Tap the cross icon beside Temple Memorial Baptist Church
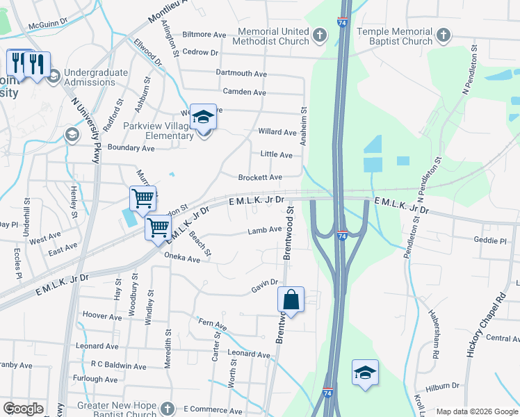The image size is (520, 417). [443, 35]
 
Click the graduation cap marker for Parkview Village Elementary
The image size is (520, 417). [203, 117]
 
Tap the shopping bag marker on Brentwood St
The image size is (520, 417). [291, 300]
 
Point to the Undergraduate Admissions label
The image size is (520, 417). [96, 77]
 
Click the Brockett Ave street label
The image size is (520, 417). [260, 178]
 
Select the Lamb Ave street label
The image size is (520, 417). [265, 229]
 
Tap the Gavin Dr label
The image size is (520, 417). [264, 291]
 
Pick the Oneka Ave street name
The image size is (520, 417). [183, 259]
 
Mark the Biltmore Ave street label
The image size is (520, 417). [204, 34]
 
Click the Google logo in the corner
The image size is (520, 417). [23, 409]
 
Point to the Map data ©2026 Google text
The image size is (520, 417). [476, 411]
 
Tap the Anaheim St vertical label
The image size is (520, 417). [303, 126]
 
